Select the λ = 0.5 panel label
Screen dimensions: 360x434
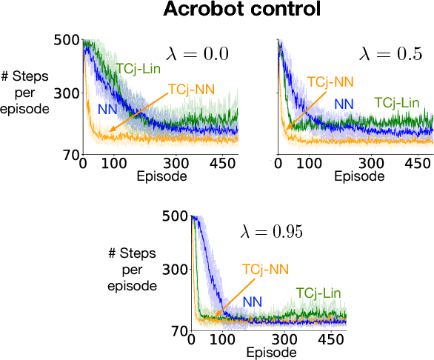click(x=391, y=53)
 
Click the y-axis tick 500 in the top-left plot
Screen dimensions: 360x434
click(x=67, y=40)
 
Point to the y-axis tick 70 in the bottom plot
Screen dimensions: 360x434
click(x=178, y=331)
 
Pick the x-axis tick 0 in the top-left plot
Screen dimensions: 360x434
click(x=83, y=163)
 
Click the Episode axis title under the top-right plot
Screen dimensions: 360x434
click(x=359, y=177)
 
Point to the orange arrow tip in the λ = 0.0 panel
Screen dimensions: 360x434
click(x=109, y=132)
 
